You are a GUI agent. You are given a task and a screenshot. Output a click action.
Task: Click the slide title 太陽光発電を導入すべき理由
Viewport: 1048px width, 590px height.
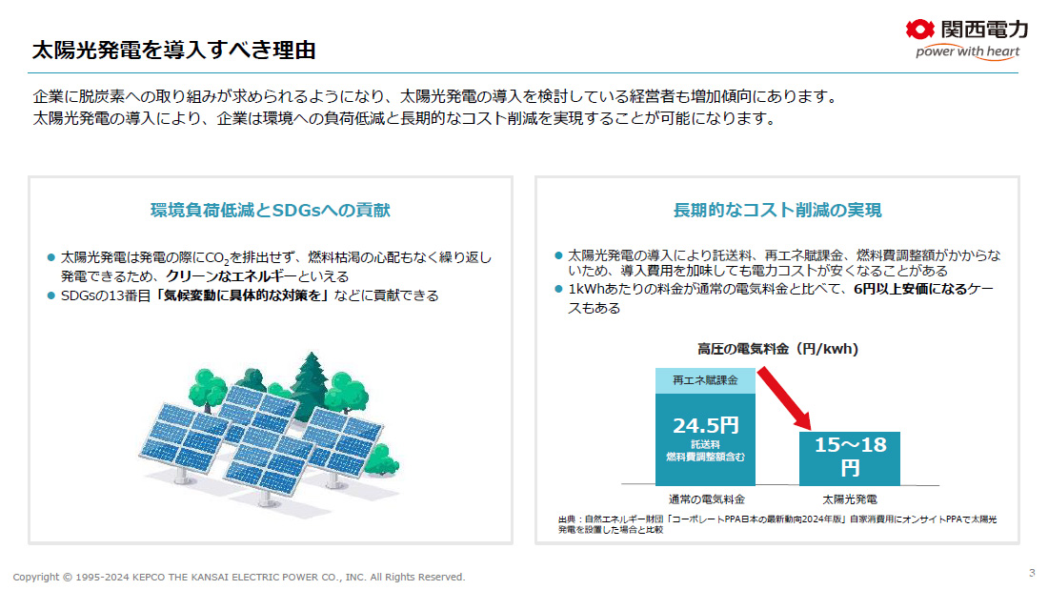pyautogui.click(x=173, y=50)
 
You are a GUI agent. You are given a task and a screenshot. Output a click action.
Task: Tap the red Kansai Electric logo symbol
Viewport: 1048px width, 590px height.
pyautogui.click(x=919, y=30)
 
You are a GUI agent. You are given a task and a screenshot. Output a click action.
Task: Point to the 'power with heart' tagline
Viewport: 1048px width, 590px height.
pyautogui.click(x=967, y=51)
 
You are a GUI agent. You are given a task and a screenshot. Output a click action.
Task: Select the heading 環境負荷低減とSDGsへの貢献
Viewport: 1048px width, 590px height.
pyautogui.click(x=270, y=210)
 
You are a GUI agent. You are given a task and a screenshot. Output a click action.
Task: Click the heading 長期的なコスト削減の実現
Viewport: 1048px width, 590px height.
pyautogui.click(x=777, y=210)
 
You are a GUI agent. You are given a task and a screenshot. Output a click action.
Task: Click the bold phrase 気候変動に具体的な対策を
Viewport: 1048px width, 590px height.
pyautogui.click(x=243, y=295)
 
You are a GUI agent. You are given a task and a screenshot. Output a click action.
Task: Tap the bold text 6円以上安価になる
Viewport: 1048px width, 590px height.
pyautogui.click(x=910, y=289)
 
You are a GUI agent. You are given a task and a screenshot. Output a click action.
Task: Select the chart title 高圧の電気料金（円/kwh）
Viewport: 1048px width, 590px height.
pyautogui.click(x=778, y=349)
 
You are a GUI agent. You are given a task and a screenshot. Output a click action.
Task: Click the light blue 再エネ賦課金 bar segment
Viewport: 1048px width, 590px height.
pyautogui.click(x=705, y=380)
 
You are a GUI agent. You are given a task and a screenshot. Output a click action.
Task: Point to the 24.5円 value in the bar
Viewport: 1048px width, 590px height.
pyautogui.click(x=706, y=425)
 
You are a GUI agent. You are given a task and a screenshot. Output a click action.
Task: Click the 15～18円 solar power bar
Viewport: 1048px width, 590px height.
pyautogui.click(x=850, y=458)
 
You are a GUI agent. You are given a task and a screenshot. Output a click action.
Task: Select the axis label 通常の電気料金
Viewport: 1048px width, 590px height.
pyautogui.click(x=707, y=499)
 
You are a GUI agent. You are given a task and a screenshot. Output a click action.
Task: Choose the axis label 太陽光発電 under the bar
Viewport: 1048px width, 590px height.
pyautogui.click(x=850, y=499)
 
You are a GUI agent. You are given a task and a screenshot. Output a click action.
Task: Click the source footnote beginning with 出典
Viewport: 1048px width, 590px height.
pyautogui.click(x=777, y=524)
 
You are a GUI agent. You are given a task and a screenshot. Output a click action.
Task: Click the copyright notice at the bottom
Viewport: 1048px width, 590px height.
pyautogui.click(x=238, y=577)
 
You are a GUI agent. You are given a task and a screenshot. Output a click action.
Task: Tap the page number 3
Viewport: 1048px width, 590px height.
pyautogui.click(x=1032, y=573)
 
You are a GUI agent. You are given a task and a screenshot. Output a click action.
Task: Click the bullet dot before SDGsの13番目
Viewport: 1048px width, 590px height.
pyautogui.click(x=50, y=295)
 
